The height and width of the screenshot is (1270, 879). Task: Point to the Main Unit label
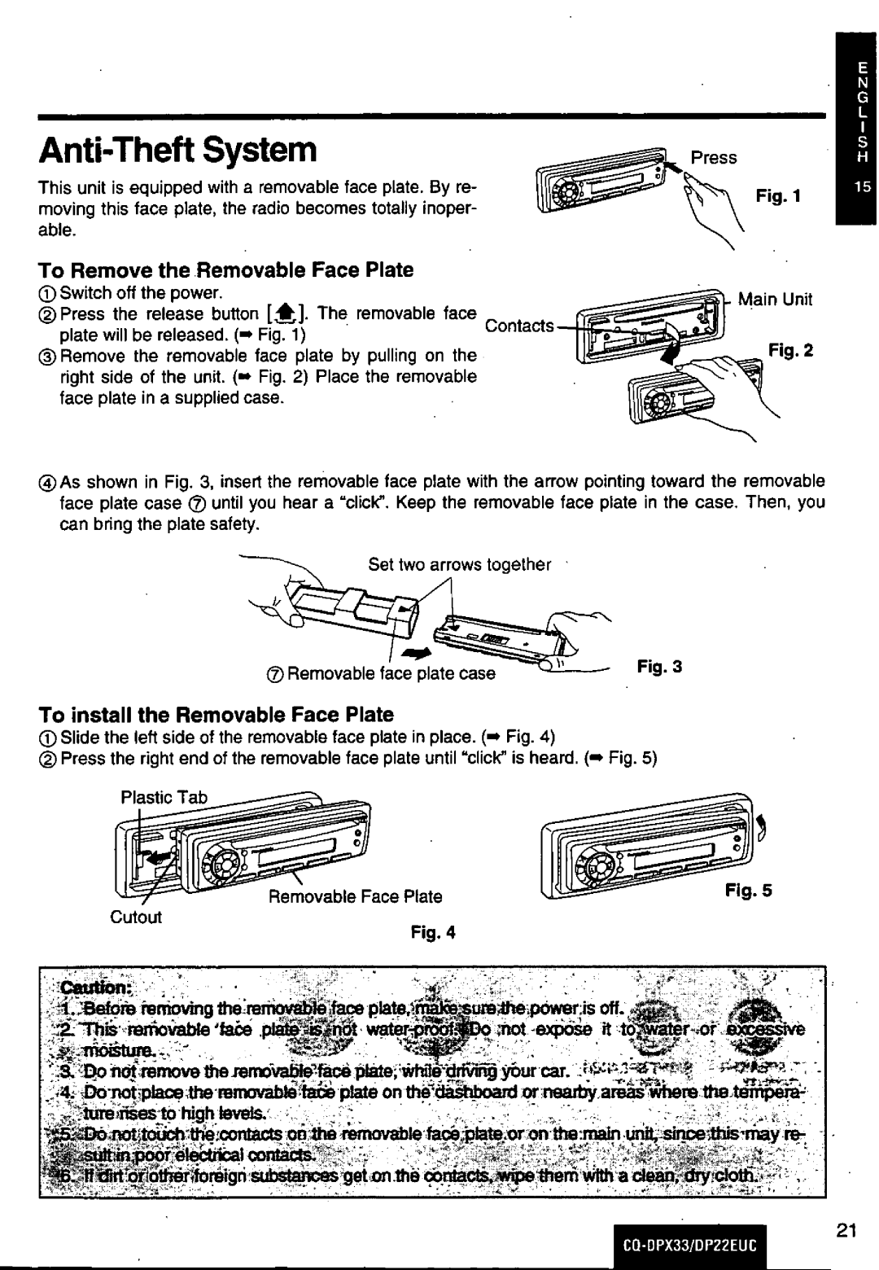[x=775, y=299]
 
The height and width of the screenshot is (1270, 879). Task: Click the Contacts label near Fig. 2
[x=519, y=326]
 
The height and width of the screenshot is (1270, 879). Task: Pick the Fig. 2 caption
[x=791, y=351]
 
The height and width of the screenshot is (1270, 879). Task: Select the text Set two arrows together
[x=460, y=565]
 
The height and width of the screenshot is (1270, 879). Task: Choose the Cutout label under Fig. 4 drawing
[x=136, y=917]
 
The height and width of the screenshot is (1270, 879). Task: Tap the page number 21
[x=846, y=1231]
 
